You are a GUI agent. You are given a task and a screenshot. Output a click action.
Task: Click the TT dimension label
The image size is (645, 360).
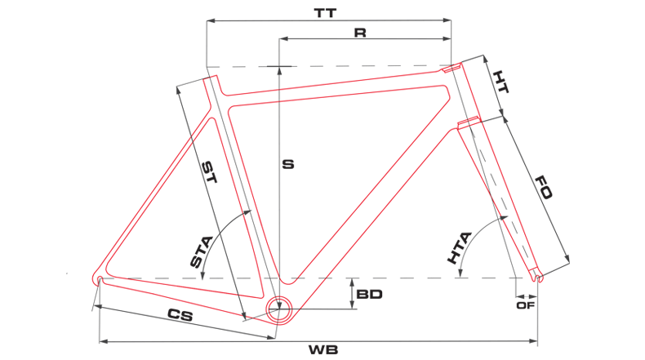pyautogui.click(x=327, y=13)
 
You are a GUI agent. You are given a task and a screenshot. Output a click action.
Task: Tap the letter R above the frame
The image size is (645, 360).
pyautogui.click(x=360, y=32)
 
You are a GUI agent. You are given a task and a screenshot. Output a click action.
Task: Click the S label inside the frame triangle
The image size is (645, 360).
pyautogui.click(x=287, y=164)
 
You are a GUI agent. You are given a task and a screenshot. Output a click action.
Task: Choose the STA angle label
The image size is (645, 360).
pyautogui.click(x=201, y=251)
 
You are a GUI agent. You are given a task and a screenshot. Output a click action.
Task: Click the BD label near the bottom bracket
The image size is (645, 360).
pyautogui.click(x=370, y=292)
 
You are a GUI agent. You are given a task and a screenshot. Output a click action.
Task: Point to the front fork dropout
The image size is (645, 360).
pyautogui.click(x=536, y=278)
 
